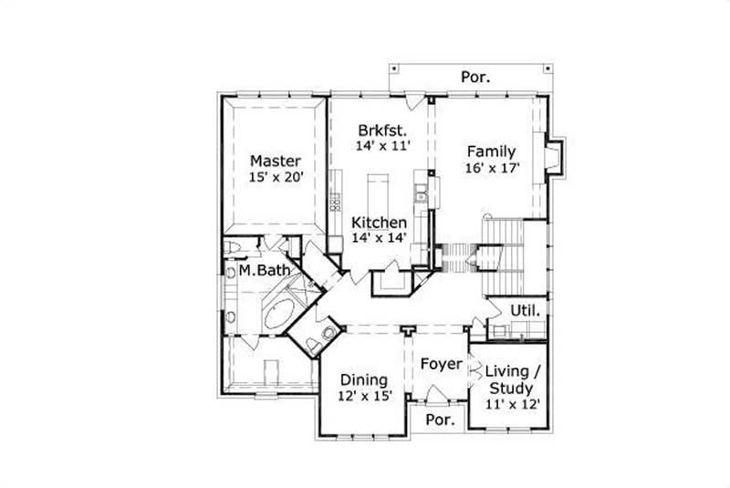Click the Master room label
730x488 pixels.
pos(275,161)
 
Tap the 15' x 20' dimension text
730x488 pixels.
pos(275,178)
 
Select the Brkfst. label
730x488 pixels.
pos(381,128)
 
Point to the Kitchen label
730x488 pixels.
pos(379,222)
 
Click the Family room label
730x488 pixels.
pos(491,151)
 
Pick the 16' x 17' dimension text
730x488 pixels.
pos(491,170)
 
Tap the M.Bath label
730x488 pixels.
pos(265,271)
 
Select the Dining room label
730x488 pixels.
pos(364,379)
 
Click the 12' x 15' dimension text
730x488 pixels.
pos(364,396)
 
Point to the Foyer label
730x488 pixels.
pos(442,364)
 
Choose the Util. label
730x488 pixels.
pos(525,311)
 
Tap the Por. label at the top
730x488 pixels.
pos(474,77)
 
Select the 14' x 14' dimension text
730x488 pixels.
pos(379,238)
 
